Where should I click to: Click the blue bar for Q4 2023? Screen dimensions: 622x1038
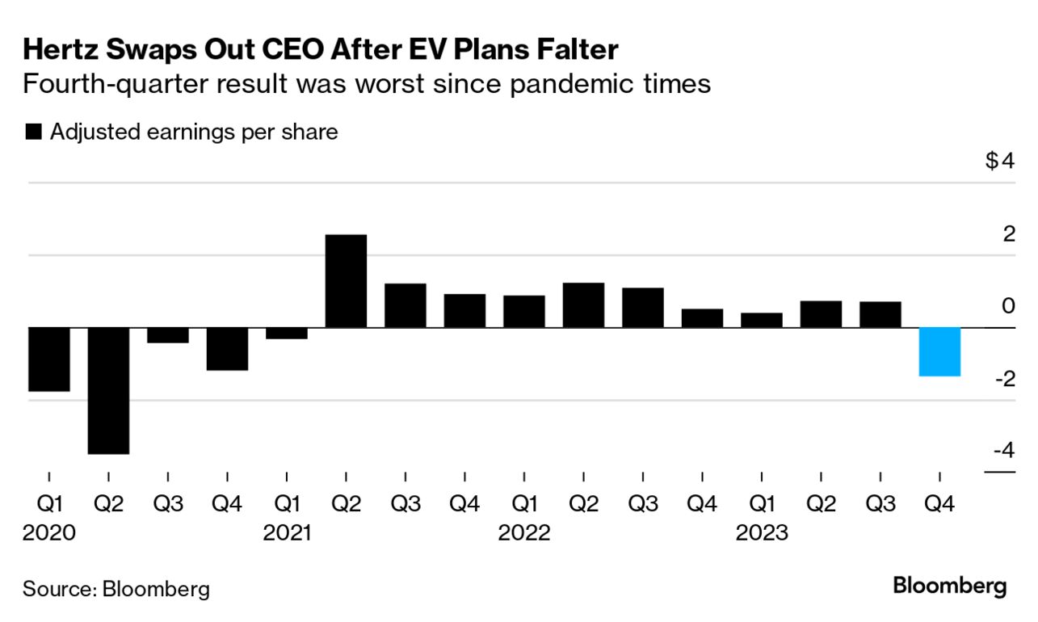(939, 351)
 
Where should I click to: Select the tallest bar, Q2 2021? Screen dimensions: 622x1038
(346, 281)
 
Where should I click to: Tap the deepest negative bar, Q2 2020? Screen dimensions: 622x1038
(108, 390)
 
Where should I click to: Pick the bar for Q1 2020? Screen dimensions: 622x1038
(49, 359)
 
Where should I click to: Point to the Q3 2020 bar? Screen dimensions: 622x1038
(168, 335)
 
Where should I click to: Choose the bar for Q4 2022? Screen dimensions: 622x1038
(702, 318)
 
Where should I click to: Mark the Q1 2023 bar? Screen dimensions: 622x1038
(762, 320)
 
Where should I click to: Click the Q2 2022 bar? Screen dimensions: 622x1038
(583, 305)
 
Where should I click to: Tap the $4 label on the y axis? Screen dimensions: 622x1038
(999, 162)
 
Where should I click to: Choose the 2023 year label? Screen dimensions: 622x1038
(762, 533)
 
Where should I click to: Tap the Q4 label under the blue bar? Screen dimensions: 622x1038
(939, 505)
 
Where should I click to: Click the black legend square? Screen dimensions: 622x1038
(34, 132)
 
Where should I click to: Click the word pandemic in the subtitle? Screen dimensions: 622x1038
(578, 84)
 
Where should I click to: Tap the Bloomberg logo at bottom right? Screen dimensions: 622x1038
(950, 586)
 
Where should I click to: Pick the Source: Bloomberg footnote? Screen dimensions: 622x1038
(116, 589)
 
